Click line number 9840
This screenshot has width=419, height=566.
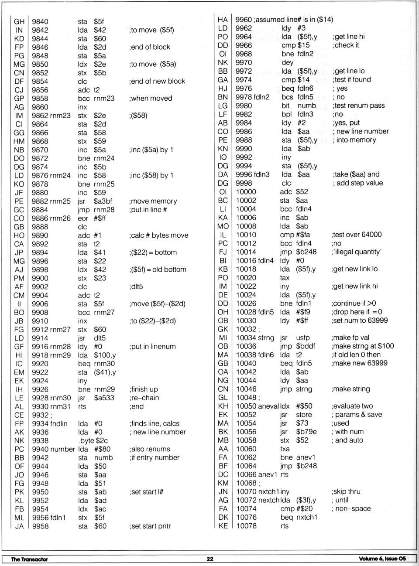pyautogui.click(x=40, y=21)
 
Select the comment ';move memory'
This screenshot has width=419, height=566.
pyautogui.click(x=153, y=201)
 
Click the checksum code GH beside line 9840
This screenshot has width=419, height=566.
pyautogui.click(x=19, y=21)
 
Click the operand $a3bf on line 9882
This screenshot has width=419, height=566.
pyautogui.click(x=103, y=201)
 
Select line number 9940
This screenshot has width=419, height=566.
pyautogui.click(x=40, y=449)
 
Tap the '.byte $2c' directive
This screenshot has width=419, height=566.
pyautogui.click(x=93, y=440)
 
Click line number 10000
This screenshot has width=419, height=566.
pyautogui.click(x=246, y=192)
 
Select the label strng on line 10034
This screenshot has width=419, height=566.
pyautogui.click(x=266, y=338)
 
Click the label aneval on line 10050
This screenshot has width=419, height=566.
pyautogui.click(x=268, y=406)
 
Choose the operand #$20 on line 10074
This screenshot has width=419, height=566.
pyautogui.click(x=304, y=508)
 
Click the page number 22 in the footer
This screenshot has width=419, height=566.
pyautogui.click(x=210, y=559)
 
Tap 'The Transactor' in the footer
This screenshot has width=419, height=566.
pyautogui.click(x=29, y=559)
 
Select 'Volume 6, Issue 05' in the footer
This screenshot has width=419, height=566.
pyautogui.click(x=382, y=559)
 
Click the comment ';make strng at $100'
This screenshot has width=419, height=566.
pyautogui.click(x=363, y=346)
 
